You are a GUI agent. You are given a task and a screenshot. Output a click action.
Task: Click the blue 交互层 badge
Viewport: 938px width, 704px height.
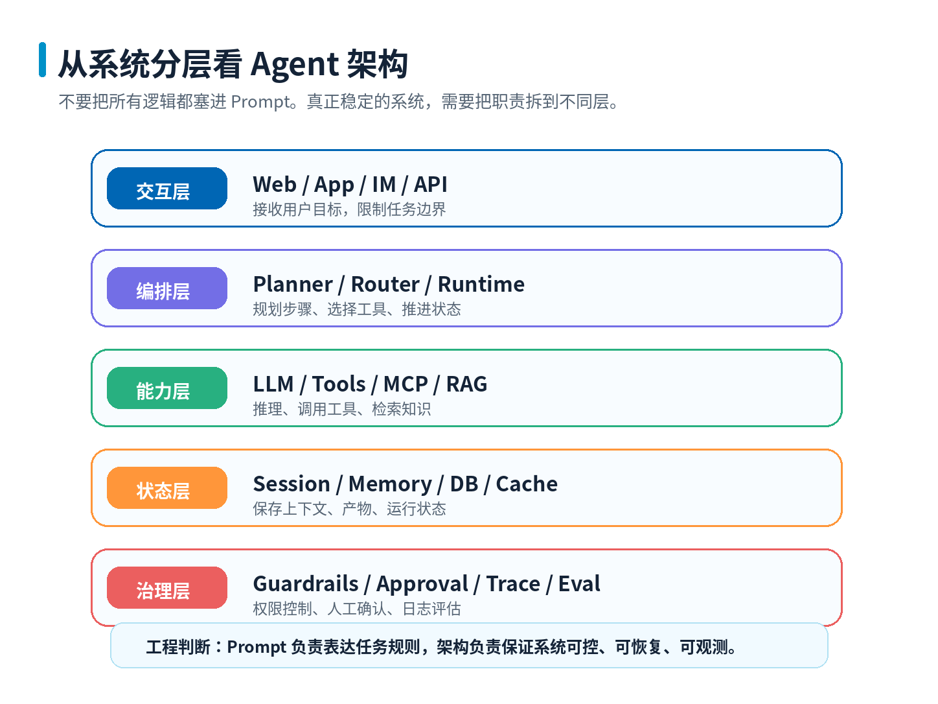tap(166, 188)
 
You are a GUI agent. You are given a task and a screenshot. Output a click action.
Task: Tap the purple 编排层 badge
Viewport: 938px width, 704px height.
tap(166, 288)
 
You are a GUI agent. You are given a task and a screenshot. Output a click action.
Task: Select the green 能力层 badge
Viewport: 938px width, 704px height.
tap(166, 388)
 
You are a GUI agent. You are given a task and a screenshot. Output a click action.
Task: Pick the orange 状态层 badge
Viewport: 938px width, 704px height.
tap(166, 487)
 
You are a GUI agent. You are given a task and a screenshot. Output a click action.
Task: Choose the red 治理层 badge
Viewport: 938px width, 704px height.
tap(166, 587)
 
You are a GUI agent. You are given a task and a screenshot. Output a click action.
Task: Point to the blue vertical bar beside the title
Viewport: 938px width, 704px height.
tap(42, 60)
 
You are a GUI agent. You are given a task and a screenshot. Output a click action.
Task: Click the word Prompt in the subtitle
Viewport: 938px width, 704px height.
tap(260, 102)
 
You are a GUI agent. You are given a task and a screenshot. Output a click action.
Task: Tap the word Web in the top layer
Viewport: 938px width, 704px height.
tap(275, 184)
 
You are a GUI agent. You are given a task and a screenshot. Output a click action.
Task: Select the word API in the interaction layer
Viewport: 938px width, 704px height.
tap(430, 184)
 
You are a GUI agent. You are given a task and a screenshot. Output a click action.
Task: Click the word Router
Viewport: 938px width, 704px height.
tap(385, 284)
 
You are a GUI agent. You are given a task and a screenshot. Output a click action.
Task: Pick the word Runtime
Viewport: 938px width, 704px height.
tap(481, 284)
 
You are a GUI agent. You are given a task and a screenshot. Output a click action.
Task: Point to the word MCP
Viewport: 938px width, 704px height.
tap(406, 384)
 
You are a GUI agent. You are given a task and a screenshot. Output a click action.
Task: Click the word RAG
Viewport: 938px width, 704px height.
tap(466, 384)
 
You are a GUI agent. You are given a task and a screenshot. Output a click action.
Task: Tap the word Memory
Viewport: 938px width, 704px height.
tap(390, 484)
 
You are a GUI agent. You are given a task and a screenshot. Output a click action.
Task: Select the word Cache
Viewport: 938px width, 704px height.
tap(527, 484)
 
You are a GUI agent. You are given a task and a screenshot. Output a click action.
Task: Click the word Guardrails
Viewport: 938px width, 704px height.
tap(306, 583)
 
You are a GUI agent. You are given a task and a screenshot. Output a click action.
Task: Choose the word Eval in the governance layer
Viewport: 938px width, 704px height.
tap(579, 583)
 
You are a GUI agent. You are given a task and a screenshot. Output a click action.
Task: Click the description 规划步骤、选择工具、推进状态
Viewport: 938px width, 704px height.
tap(357, 309)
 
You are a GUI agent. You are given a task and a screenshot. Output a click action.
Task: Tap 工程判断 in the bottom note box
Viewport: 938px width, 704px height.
tap(178, 647)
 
